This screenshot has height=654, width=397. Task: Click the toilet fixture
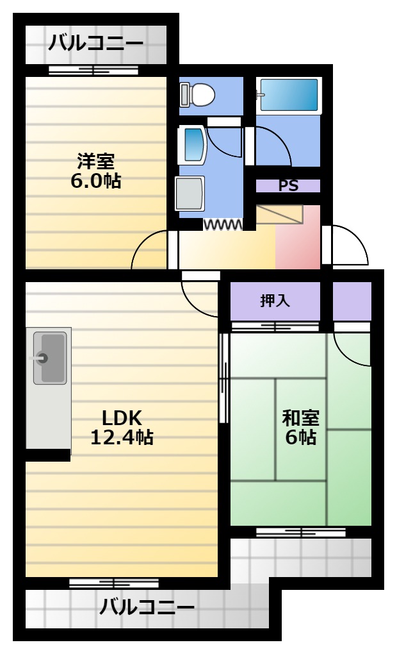[x=197, y=94]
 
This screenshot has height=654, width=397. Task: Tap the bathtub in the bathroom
[x=289, y=95]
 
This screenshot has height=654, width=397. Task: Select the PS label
[x=288, y=185]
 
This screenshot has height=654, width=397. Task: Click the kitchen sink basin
[x=49, y=358]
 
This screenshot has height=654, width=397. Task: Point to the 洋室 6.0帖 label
[x=96, y=171]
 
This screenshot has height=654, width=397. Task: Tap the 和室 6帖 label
[x=300, y=427]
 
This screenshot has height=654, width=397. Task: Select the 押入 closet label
[x=275, y=300]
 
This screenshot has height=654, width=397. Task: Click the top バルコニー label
[x=96, y=43]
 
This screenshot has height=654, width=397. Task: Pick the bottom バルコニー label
[x=147, y=607]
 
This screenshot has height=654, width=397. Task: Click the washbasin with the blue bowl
[x=193, y=145]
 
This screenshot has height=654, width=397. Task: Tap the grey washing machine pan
[x=190, y=194]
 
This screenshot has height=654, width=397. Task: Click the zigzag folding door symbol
[x=222, y=225]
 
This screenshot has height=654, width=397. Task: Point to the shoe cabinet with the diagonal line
[x=279, y=214]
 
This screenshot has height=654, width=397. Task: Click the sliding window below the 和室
[x=301, y=532]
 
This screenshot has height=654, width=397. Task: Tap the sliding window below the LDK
[x=114, y=583]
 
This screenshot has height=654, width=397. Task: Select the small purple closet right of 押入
[x=352, y=301]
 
